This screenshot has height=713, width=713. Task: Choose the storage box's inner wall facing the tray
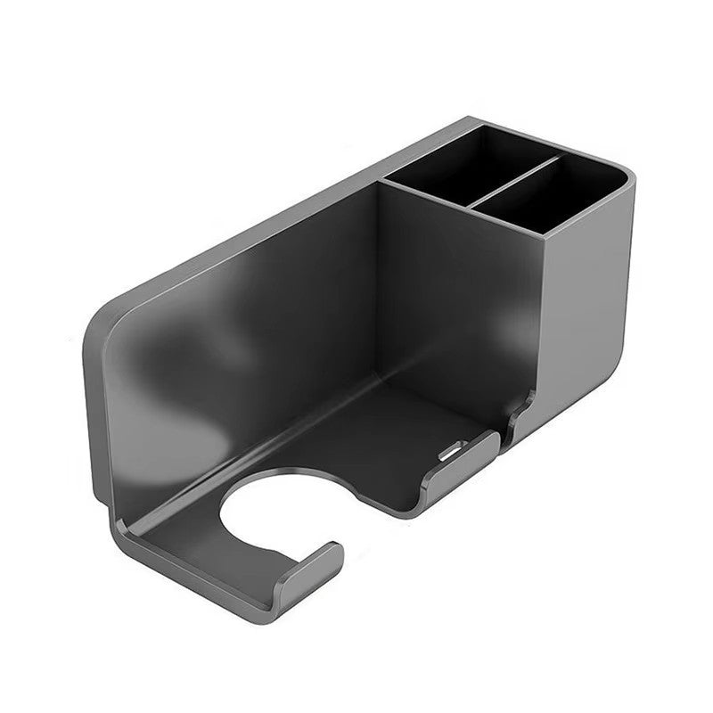point(446,285)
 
